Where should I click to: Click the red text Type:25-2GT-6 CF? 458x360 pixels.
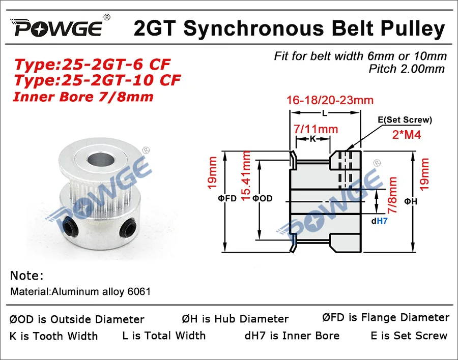(x=92, y=65)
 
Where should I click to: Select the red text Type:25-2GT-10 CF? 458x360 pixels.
(x=97, y=80)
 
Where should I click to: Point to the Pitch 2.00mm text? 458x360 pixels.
(x=407, y=69)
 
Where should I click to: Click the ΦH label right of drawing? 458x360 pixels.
(x=411, y=202)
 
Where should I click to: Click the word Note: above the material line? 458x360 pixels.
(x=26, y=276)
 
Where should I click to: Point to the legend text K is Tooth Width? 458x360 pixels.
(x=54, y=336)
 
